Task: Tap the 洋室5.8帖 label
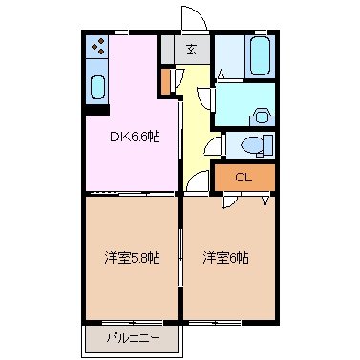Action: [132, 258]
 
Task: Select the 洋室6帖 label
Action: [225, 258]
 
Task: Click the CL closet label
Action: [244, 177]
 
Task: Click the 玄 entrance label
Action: [191, 50]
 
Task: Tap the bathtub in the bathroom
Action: [259, 56]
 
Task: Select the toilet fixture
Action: [254, 145]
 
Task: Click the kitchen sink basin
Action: [98, 88]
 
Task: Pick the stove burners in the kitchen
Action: [98, 47]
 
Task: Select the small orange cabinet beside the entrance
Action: [167, 80]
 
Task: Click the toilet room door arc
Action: [216, 145]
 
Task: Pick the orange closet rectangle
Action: [244, 177]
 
